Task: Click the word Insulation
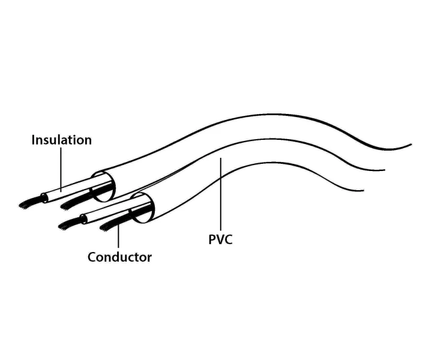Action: (x=62, y=140)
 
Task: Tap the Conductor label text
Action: (x=119, y=257)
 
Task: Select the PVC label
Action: (x=220, y=239)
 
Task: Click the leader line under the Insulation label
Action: (x=61, y=169)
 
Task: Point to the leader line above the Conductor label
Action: (x=118, y=236)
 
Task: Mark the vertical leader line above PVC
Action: (x=221, y=194)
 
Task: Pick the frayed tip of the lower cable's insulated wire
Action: (x=64, y=225)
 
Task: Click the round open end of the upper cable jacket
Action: (x=103, y=187)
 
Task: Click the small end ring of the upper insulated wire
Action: (x=44, y=198)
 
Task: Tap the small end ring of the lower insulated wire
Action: (x=83, y=219)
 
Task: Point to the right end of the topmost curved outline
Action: (x=412, y=145)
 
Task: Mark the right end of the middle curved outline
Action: (x=385, y=170)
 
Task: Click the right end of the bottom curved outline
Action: (x=363, y=191)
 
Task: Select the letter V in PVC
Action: (x=220, y=239)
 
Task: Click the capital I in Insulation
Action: (x=33, y=140)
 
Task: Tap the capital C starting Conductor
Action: (x=92, y=257)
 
